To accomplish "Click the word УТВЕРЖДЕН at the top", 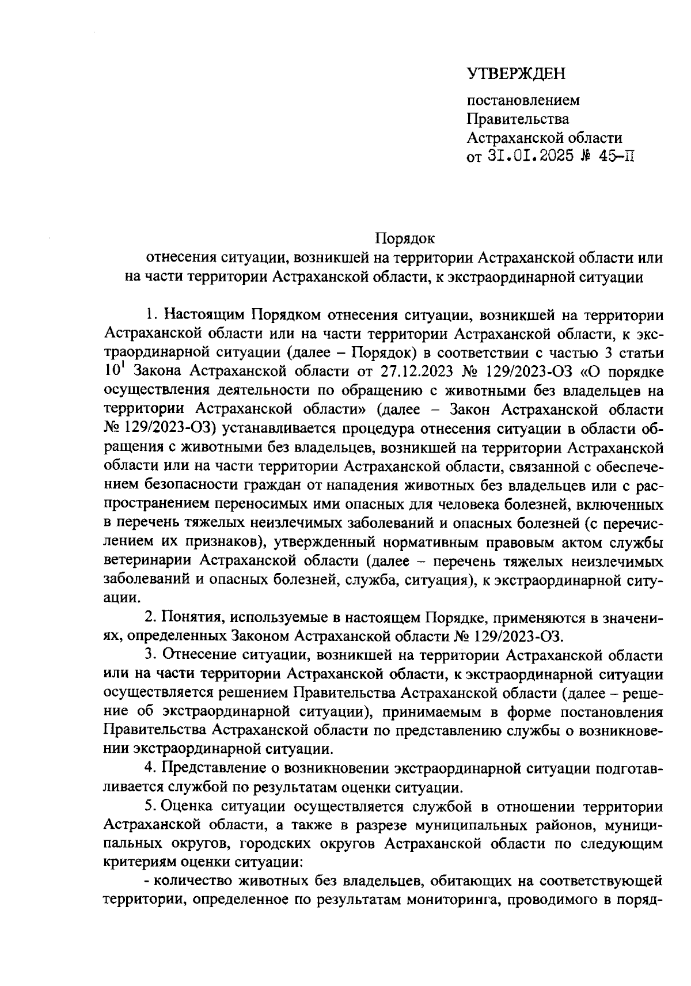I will (x=516, y=73).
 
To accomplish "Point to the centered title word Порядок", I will (x=405, y=237).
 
